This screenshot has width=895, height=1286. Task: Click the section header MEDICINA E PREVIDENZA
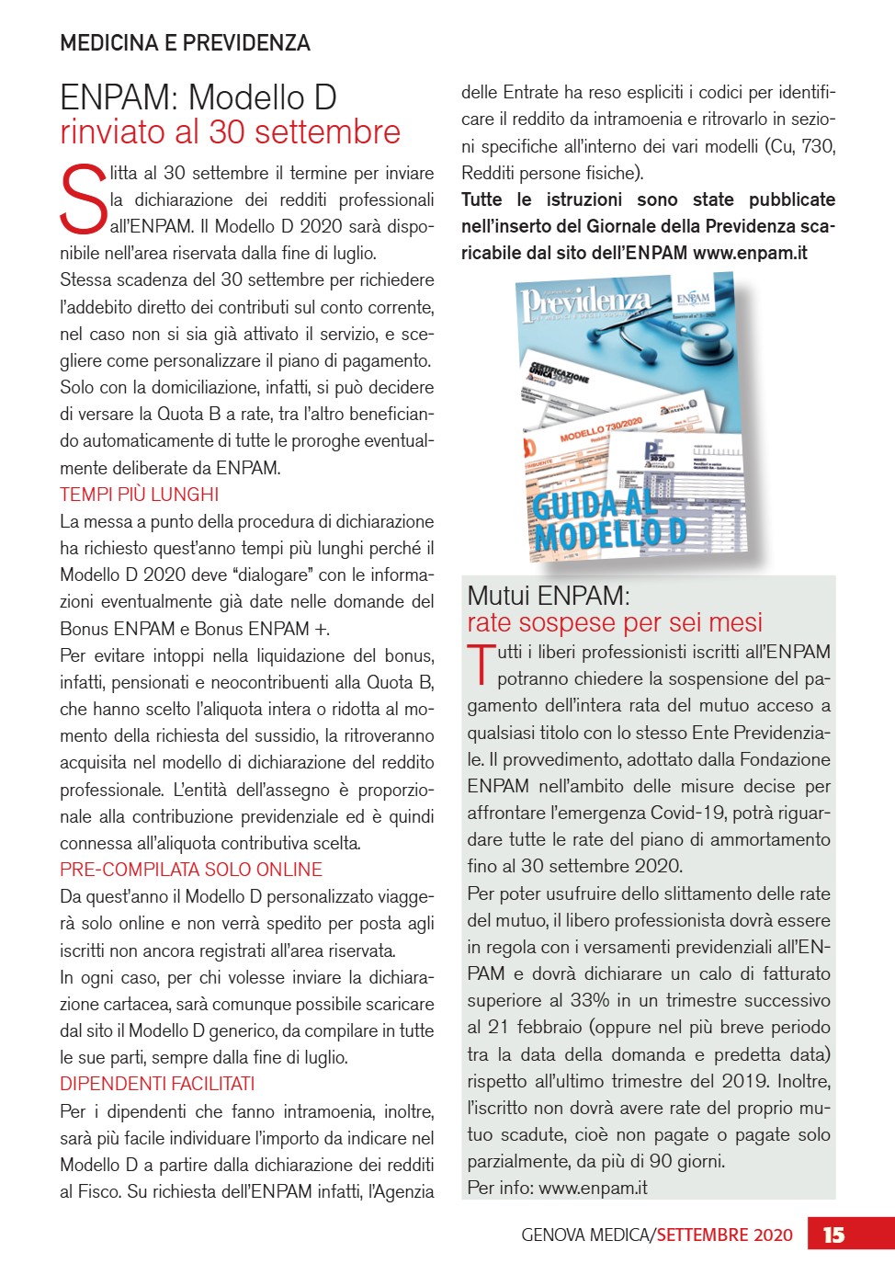(185, 43)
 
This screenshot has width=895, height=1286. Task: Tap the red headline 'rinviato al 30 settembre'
(230, 132)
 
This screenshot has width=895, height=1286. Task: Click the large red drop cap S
(83, 199)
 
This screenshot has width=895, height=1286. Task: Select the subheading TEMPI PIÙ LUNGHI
(139, 495)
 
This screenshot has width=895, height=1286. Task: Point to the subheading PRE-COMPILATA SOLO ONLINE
(191, 870)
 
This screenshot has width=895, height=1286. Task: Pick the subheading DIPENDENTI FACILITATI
(157, 1084)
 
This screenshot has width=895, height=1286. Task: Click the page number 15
(833, 1235)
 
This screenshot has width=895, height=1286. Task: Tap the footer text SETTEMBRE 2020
(724, 1235)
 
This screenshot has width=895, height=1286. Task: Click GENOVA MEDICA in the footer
(585, 1235)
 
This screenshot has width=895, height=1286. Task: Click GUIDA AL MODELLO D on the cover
(608, 521)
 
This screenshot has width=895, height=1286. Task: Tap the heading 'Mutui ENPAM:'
(549, 596)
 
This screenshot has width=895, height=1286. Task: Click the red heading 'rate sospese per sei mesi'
(615, 623)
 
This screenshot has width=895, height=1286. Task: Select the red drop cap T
(481, 664)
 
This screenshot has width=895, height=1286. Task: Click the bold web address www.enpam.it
(750, 253)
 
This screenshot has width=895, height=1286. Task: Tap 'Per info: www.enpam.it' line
(557, 1188)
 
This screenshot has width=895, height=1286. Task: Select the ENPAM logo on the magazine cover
(694, 299)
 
